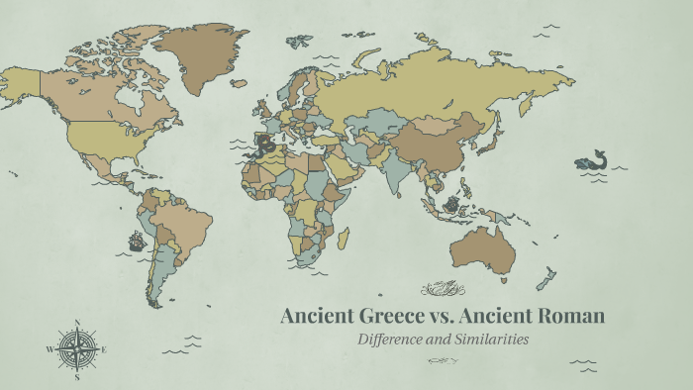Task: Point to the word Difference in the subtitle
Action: click(396, 340)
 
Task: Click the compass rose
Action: click(76, 348)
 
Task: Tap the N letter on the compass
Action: click(77, 321)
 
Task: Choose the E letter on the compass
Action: click(104, 349)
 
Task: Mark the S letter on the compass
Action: click(77, 377)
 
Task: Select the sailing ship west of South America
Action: click(136, 240)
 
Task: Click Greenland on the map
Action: click(203, 54)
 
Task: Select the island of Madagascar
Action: click(344, 239)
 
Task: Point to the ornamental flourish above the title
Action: click(443, 289)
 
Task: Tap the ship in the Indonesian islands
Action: click(451, 205)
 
